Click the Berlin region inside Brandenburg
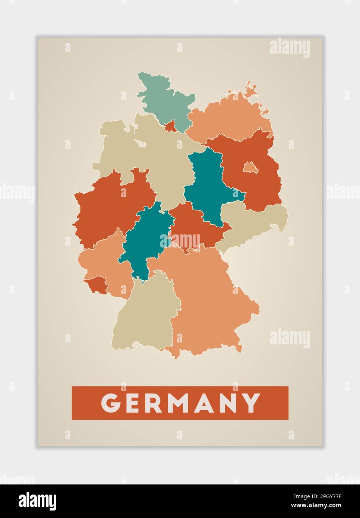(249, 167)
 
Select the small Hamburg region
(171, 126)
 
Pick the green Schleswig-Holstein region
(164, 97)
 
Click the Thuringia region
(194, 227)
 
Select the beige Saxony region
(253, 224)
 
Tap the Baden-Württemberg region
(145, 317)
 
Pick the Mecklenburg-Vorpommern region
(227, 119)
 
